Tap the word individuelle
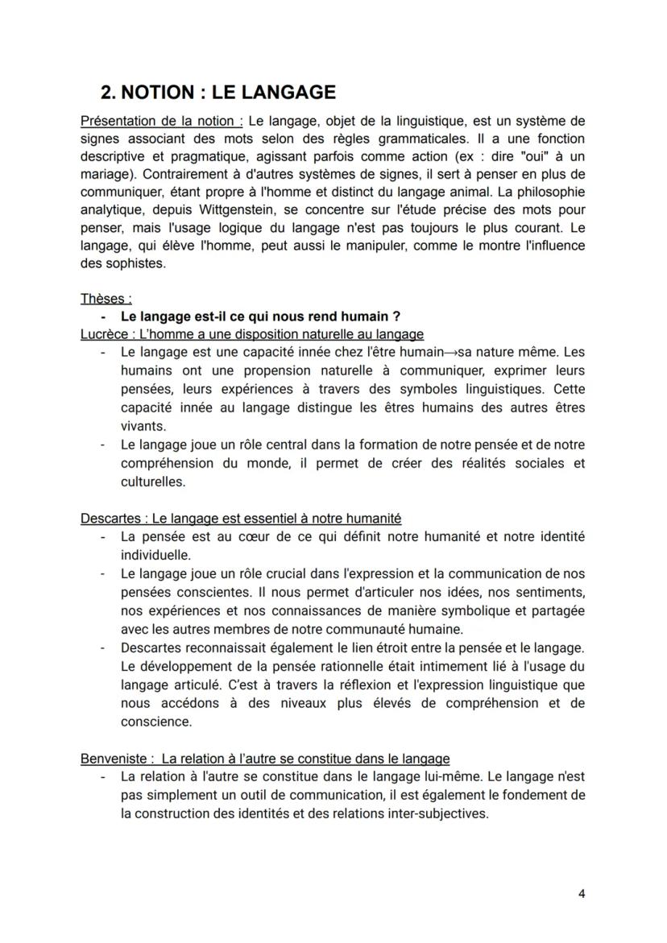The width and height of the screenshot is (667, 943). (156, 555)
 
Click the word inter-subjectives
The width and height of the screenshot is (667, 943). (432, 813)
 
